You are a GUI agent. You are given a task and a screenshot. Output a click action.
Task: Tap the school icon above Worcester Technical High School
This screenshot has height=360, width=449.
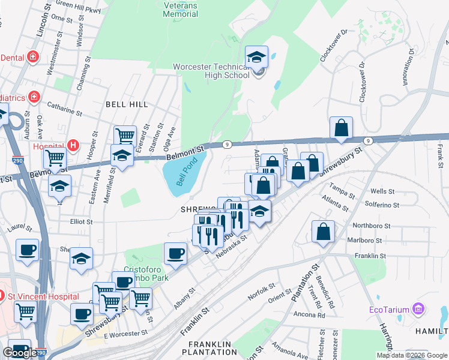[x=257, y=58]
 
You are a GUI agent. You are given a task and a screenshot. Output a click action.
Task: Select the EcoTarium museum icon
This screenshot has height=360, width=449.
[x=418, y=310]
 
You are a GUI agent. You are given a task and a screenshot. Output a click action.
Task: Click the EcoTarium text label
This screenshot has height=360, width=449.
[x=389, y=310]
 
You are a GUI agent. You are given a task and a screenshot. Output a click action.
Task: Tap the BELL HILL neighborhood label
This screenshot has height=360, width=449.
[x=127, y=104]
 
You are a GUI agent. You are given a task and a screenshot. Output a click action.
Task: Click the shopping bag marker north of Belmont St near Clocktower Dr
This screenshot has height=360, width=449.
[x=341, y=128]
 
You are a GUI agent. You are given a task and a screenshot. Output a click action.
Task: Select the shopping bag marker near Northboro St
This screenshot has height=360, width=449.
[x=323, y=232]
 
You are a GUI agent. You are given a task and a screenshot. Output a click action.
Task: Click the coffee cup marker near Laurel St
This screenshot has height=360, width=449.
[x=27, y=250]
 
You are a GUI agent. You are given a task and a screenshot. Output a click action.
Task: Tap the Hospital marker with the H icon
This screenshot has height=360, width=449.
[x=73, y=145]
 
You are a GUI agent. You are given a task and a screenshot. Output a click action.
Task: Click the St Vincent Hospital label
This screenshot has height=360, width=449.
[x=43, y=296]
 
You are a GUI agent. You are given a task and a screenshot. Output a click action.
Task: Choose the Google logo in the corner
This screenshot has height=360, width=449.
[x=20, y=353]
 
